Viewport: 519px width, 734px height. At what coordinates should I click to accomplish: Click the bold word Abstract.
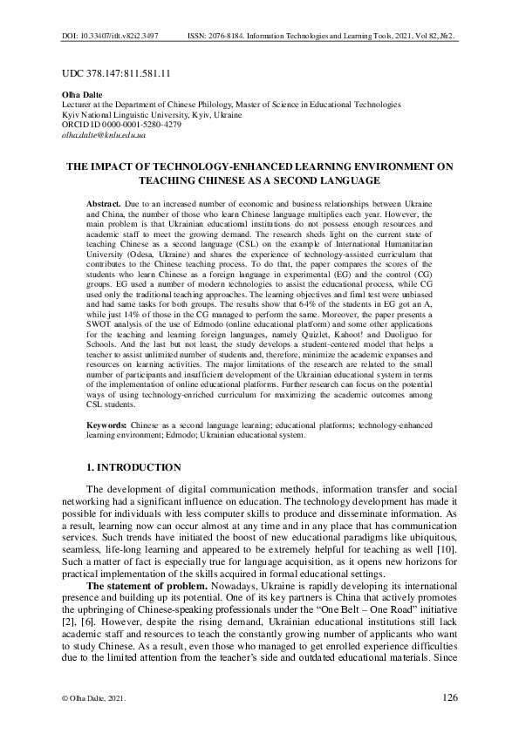click(x=106, y=201)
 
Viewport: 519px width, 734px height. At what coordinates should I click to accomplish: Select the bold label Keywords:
click(x=108, y=424)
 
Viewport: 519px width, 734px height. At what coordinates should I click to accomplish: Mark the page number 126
click(x=450, y=697)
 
